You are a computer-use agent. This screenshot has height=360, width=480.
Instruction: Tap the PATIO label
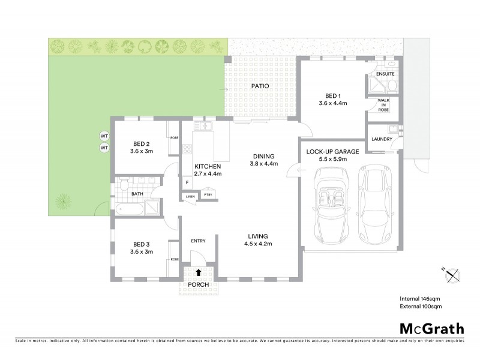click(x=259, y=86)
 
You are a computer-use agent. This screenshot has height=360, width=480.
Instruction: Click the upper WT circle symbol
click(x=103, y=136)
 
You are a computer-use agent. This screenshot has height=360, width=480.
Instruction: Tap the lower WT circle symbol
click(x=103, y=147)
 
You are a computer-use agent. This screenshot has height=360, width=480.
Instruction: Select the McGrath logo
click(x=432, y=328)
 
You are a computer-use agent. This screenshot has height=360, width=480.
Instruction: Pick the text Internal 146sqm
click(x=421, y=298)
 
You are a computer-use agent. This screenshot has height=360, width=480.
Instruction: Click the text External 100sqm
click(x=421, y=307)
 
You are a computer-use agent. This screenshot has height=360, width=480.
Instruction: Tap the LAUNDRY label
click(x=382, y=140)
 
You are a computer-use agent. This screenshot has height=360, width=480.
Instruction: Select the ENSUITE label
click(x=385, y=74)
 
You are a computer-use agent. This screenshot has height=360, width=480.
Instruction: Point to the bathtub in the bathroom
click(x=129, y=209)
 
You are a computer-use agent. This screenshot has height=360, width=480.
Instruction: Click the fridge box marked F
click(x=187, y=182)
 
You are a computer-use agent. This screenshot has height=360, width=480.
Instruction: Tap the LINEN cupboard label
click(x=190, y=196)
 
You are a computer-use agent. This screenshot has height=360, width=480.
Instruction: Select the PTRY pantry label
click(x=208, y=194)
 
